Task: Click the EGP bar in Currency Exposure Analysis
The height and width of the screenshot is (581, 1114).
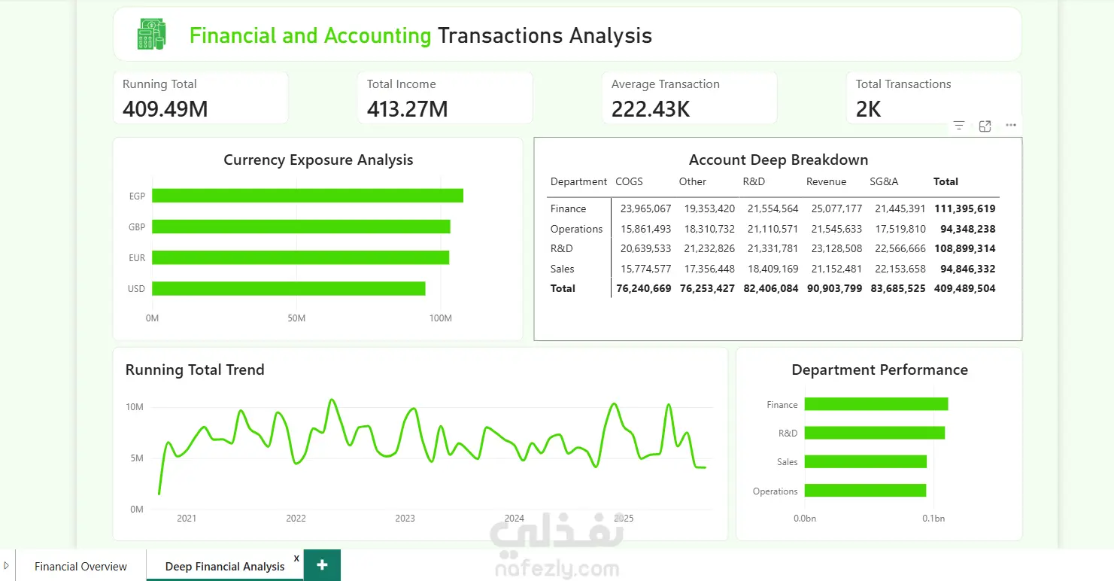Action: (308, 196)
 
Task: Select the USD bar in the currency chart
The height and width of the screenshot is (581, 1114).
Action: (288, 288)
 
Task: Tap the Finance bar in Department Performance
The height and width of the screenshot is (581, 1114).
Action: (876, 404)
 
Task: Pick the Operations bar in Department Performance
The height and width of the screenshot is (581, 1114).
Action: (865, 491)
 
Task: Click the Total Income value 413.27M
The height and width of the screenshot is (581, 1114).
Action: (407, 109)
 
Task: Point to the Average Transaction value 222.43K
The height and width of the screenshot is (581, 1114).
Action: (651, 109)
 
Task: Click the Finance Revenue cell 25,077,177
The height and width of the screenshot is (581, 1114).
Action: (836, 209)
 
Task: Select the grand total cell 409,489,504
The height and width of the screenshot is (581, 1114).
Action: (965, 288)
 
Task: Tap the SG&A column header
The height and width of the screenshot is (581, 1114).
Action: (884, 181)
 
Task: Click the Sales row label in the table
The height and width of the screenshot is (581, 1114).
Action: (562, 269)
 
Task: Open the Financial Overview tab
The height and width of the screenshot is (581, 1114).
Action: (80, 566)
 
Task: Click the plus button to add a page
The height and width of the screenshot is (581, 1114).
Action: (322, 564)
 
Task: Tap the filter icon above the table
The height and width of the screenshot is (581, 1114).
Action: (959, 126)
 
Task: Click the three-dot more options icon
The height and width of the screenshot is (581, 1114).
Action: (1010, 126)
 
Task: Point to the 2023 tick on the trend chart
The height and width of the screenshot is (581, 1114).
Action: (405, 519)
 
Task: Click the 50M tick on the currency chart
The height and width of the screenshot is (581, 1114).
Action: (296, 318)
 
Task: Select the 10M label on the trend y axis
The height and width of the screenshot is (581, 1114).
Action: (135, 407)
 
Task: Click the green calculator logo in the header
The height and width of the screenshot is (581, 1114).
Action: (152, 35)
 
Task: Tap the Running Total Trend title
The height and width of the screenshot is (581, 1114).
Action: (195, 370)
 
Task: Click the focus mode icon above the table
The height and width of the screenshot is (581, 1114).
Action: (985, 126)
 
